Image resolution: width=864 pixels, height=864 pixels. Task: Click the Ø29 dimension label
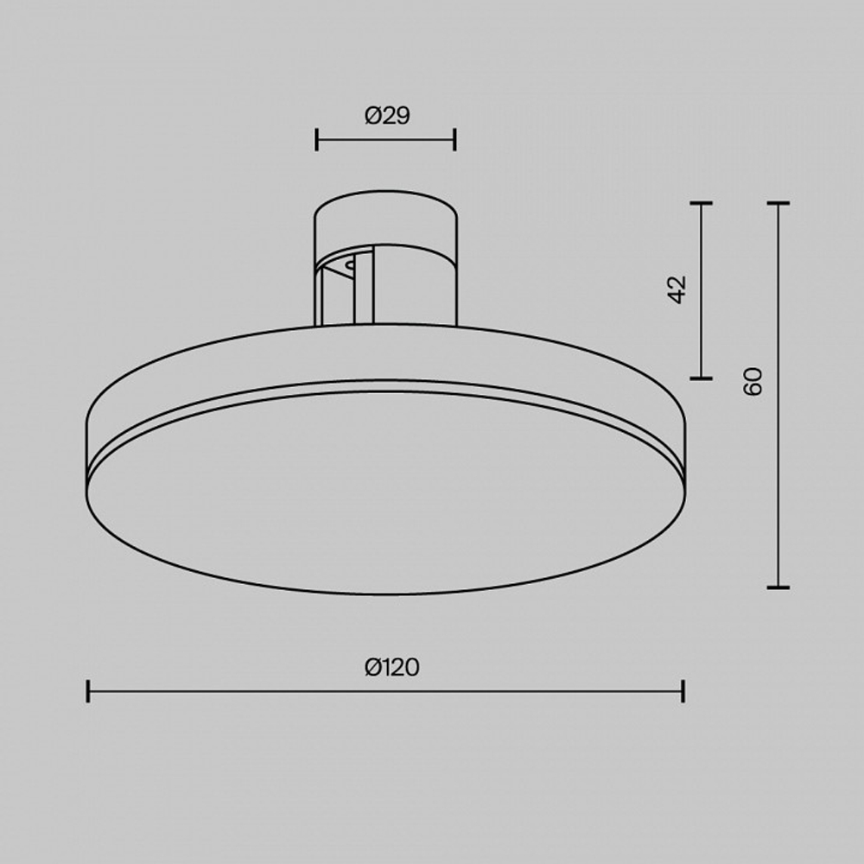[x=386, y=116]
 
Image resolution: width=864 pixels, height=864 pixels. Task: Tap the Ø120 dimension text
[x=391, y=667]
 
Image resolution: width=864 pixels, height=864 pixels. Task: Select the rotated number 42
[x=677, y=289]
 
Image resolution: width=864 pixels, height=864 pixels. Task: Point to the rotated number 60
[x=753, y=381]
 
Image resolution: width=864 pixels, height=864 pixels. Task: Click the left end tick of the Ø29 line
[x=317, y=138]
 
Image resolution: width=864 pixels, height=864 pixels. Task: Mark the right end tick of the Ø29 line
[x=454, y=138]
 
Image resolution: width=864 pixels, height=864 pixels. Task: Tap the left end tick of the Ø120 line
[x=88, y=691]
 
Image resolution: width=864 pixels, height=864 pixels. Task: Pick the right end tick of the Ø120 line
[x=683, y=691]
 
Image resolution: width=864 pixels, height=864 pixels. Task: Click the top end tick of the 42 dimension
[x=701, y=204]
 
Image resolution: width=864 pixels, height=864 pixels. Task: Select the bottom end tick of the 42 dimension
[x=701, y=378]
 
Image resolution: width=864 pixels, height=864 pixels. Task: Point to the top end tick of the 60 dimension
[x=778, y=204]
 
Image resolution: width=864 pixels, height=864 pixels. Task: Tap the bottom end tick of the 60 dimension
[x=778, y=587]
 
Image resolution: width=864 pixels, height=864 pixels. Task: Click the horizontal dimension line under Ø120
[x=386, y=691]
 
